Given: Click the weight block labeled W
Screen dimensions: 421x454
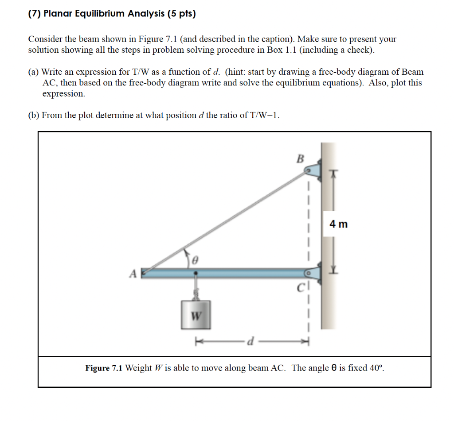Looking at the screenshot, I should pos(196,315).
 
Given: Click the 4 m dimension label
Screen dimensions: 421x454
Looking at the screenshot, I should pos(339,224).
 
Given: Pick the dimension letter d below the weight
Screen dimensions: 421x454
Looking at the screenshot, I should pos(251,341).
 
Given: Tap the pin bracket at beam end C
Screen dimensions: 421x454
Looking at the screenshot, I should pos(313,274).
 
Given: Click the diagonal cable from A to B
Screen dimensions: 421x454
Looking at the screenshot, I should pos(226,221).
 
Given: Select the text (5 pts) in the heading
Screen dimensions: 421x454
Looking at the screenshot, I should pos(181,14).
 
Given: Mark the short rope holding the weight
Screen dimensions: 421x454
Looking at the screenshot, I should pos(196,288).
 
